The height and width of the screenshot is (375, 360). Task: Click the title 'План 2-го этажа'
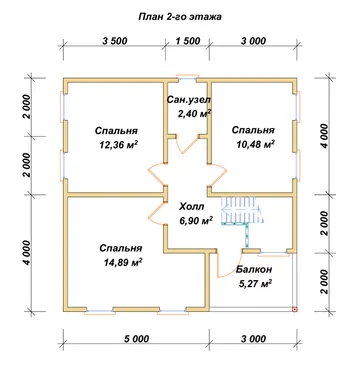180,17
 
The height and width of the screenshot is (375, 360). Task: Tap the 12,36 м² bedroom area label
119,145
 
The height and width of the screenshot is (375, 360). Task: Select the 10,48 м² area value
255,144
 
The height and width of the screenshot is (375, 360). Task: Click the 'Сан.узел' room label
189,99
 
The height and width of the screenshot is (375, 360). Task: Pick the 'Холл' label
192,207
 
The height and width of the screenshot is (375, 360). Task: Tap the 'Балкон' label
254,269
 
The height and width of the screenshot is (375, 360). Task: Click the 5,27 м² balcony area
255,284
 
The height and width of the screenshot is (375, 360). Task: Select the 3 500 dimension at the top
115,41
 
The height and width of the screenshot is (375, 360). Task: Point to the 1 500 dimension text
188,41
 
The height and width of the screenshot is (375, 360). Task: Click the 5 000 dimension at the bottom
136,339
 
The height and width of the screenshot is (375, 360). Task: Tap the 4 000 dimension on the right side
324,136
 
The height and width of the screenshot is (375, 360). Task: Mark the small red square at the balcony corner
295,310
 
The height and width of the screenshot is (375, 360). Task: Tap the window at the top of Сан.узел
187,78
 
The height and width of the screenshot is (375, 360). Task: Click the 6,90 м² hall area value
196,221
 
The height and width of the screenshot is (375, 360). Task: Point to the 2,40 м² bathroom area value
195,113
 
